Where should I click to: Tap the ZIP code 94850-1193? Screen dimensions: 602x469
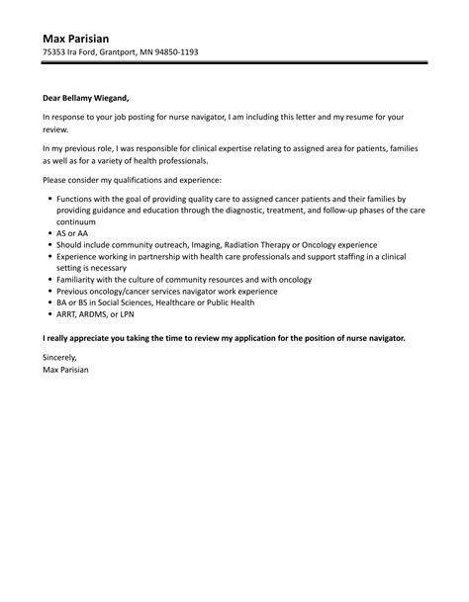(x=174, y=51)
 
